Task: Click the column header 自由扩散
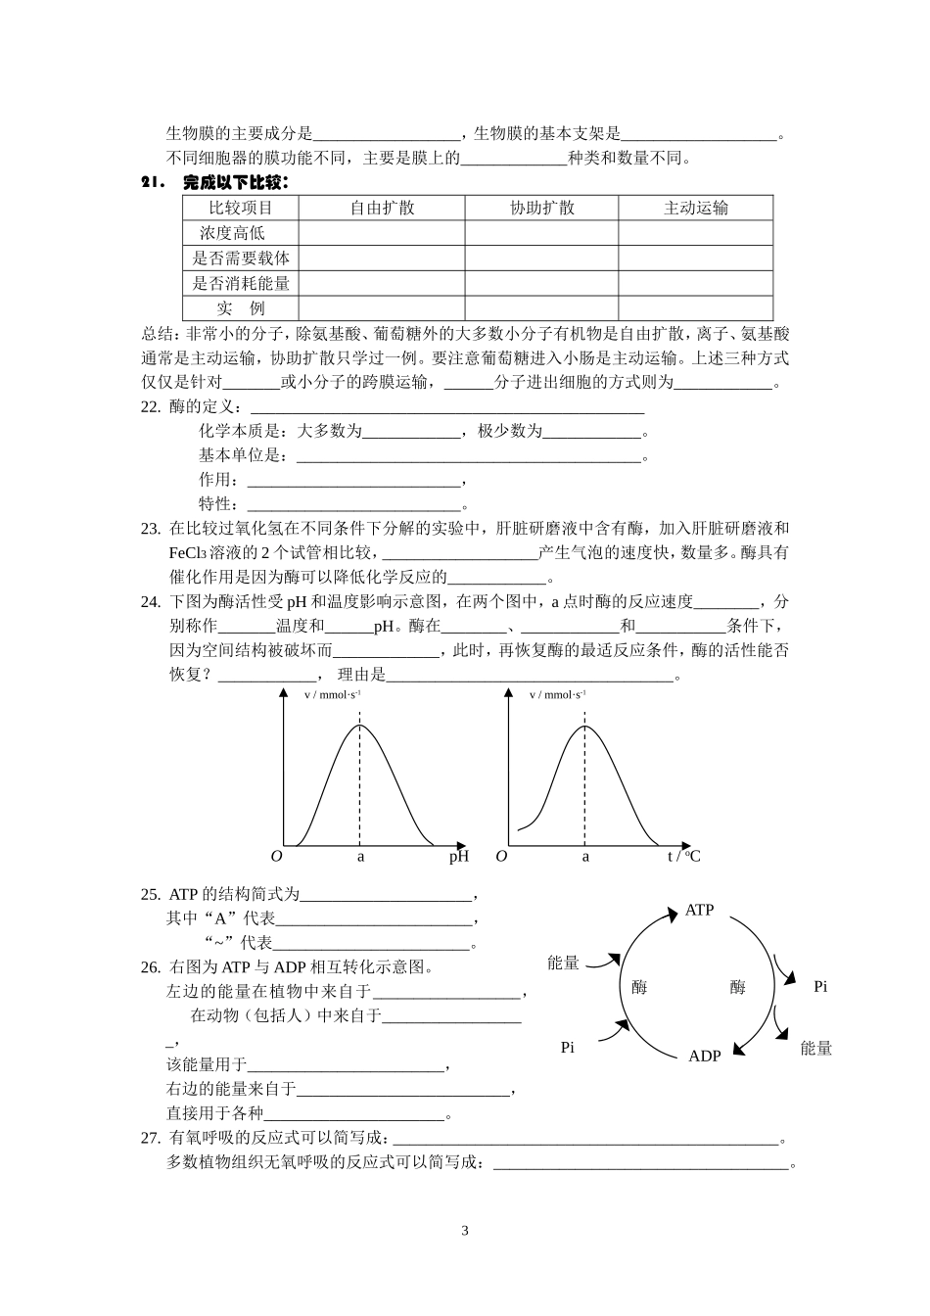(382, 208)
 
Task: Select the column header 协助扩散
(541, 208)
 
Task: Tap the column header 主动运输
(695, 208)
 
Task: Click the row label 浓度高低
(232, 233)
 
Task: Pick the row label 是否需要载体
(241, 258)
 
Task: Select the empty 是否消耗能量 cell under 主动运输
(695, 284)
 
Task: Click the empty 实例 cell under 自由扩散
(382, 308)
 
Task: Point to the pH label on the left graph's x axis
(458, 857)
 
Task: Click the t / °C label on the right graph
(683, 857)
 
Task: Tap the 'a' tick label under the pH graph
(360, 857)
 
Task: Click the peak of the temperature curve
(585, 726)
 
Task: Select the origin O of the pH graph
(276, 857)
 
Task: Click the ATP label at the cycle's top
(699, 911)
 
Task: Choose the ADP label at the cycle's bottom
(704, 1056)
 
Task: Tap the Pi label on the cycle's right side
(820, 987)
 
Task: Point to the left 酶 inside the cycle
(639, 987)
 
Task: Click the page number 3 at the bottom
(465, 1231)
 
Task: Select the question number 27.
(150, 1138)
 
